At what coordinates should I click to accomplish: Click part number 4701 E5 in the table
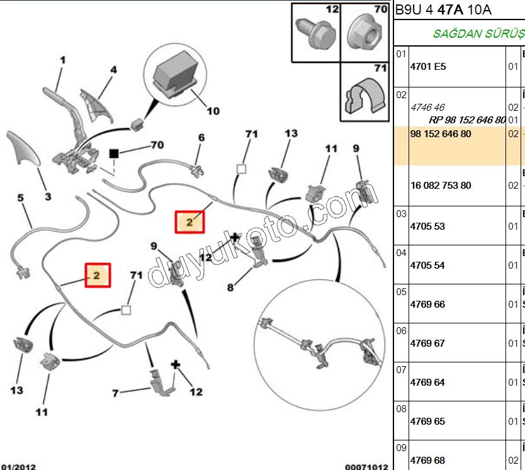pyautogui.click(x=427, y=66)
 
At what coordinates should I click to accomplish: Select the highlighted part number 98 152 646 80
pyautogui.click(x=440, y=134)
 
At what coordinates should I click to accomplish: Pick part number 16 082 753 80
pyautogui.click(x=440, y=186)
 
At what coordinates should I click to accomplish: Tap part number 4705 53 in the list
pyautogui.click(x=427, y=227)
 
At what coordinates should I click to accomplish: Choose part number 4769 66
pyautogui.click(x=427, y=305)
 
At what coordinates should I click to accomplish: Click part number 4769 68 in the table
pyautogui.click(x=427, y=461)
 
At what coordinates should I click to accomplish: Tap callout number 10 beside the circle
pyautogui.click(x=213, y=111)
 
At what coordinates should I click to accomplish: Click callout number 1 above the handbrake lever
pyautogui.click(x=62, y=60)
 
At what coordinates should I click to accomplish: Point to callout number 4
pyautogui.click(x=113, y=70)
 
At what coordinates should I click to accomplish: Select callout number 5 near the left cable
pyautogui.click(x=20, y=198)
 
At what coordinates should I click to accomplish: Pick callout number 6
pyautogui.click(x=201, y=138)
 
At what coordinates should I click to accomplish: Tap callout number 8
pyautogui.click(x=230, y=288)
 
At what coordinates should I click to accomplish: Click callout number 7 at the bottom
pyautogui.click(x=115, y=394)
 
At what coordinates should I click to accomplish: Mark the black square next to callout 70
pyautogui.click(x=114, y=153)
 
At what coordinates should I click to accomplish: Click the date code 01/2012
pyautogui.click(x=18, y=466)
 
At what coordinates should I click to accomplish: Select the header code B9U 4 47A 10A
pyautogui.click(x=443, y=10)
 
